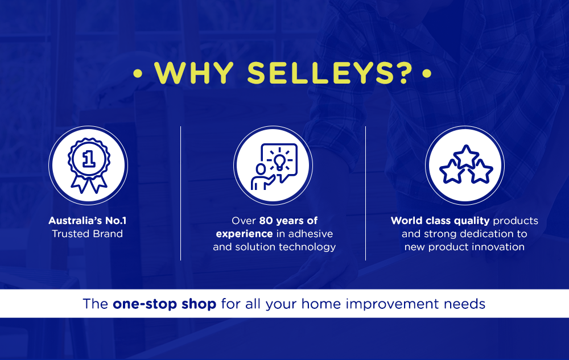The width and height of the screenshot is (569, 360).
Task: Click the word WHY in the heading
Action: (x=194, y=73)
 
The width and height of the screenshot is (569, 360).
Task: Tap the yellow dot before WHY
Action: (x=138, y=73)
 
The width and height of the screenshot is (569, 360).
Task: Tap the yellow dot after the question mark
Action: (x=427, y=73)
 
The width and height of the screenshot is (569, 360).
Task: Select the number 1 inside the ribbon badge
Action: (x=89, y=159)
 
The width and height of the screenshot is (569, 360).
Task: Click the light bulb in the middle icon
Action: (x=279, y=162)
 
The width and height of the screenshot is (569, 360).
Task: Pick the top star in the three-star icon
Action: (x=466, y=156)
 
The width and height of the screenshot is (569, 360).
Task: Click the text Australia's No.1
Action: (x=88, y=221)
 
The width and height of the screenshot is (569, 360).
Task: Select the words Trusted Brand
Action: (x=87, y=234)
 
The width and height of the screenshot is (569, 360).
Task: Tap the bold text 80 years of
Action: (x=288, y=221)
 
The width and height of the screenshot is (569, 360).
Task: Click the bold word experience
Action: (x=244, y=234)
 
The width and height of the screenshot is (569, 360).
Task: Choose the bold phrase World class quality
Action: (x=440, y=221)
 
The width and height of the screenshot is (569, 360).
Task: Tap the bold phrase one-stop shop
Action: (x=164, y=304)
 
